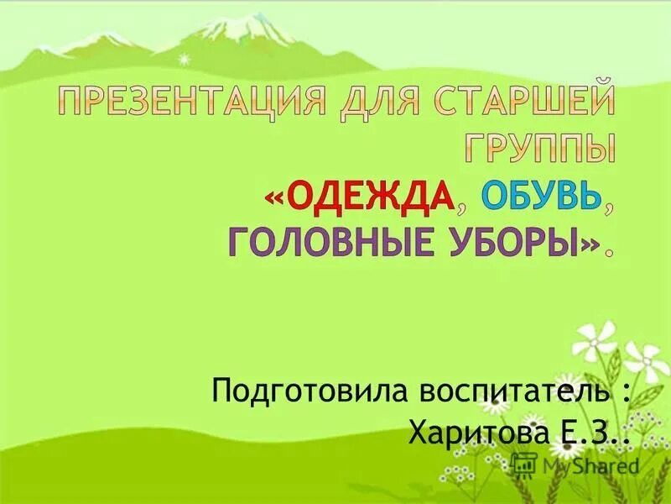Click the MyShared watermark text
tap(591, 465)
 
